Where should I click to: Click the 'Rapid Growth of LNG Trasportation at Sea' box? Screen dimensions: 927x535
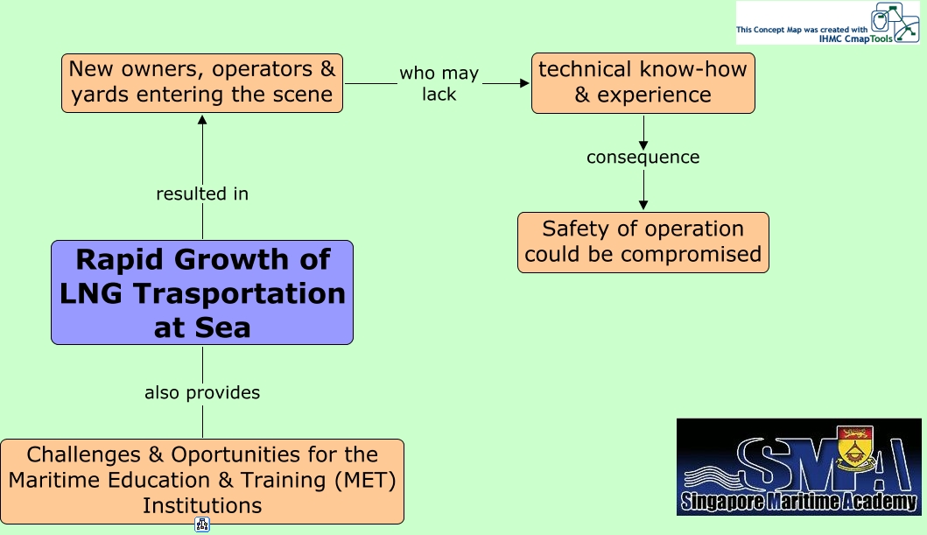pos(202,292)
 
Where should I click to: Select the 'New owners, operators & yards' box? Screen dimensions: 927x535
pos(202,82)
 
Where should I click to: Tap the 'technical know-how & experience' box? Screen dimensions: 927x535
pos(643,82)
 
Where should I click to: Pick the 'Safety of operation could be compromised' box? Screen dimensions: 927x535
pos(643,242)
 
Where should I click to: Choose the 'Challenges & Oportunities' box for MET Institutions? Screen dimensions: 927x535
pos(202,481)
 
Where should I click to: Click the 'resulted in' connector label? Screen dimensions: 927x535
pos(202,194)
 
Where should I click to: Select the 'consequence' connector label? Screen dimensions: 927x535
pos(643,158)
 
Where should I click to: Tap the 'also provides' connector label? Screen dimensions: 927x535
pos(202,392)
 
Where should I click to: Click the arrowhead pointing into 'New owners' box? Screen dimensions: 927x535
pos(202,119)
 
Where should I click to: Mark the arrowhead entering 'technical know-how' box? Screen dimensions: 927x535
pos(525,83)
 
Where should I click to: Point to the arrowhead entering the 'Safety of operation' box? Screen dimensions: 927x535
pos(643,205)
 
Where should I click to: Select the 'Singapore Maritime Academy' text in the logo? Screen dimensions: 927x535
pos(798,502)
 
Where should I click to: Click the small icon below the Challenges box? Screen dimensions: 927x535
pos(202,524)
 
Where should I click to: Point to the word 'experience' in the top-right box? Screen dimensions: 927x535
pos(655,95)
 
